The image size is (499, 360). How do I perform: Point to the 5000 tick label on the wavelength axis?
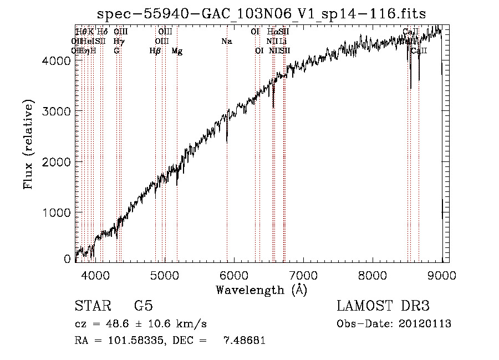164,275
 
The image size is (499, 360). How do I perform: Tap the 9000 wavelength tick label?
442,275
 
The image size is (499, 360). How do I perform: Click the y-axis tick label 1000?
57,212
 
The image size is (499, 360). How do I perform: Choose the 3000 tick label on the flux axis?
57,111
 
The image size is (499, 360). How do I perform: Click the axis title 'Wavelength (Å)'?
261,290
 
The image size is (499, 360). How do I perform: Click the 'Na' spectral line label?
226,41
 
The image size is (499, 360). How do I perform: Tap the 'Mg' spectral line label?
177,50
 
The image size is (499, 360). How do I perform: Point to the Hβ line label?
155,50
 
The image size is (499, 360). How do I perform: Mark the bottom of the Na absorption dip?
227,142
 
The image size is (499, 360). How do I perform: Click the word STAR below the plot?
92,306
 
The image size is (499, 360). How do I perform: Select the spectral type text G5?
144,306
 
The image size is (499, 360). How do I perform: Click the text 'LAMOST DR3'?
383,306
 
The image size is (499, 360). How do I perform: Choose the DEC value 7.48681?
244,340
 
